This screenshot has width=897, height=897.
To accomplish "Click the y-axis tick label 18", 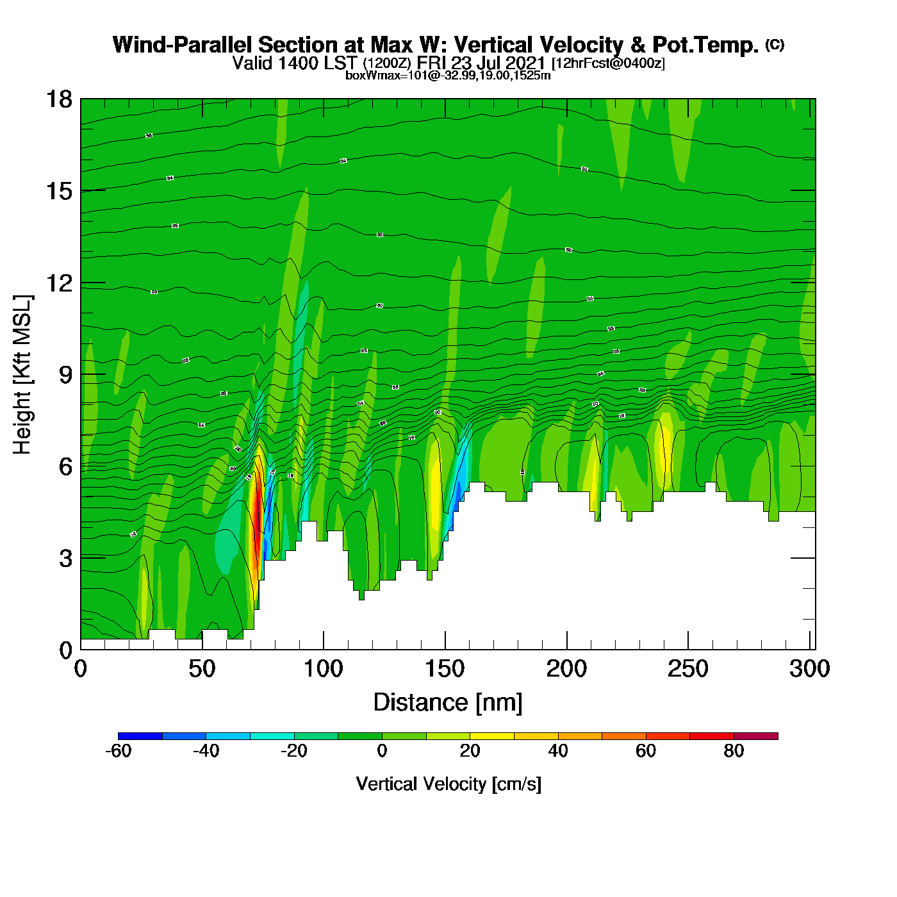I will (59, 99).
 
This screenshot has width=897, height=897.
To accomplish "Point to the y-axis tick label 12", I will (59, 283).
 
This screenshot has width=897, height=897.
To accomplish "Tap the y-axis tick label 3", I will (65, 558).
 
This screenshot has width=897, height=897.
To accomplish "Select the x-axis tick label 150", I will (445, 670).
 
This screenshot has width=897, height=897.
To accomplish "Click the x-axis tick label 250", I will (688, 670).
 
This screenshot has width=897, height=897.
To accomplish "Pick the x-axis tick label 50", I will (202, 670).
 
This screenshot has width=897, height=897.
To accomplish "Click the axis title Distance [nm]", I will (448, 703).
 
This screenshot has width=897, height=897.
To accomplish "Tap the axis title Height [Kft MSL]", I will (22, 375).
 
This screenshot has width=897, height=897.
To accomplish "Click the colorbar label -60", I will (118, 751).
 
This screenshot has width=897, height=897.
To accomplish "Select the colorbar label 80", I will (734, 751).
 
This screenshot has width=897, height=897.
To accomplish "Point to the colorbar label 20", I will (470, 751).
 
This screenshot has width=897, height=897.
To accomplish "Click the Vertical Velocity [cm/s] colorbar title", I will (448, 784).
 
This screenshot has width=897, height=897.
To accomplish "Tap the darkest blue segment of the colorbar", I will (140, 736).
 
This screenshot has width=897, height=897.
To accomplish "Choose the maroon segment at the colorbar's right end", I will (755, 736).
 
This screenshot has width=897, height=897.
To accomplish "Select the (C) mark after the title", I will (774, 44).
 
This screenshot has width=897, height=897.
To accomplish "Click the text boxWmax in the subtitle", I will (367, 76).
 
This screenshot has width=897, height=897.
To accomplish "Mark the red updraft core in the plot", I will (258, 513).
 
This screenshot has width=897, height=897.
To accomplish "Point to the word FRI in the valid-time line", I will (432, 63).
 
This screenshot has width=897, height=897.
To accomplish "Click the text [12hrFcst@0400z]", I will (608, 63).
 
